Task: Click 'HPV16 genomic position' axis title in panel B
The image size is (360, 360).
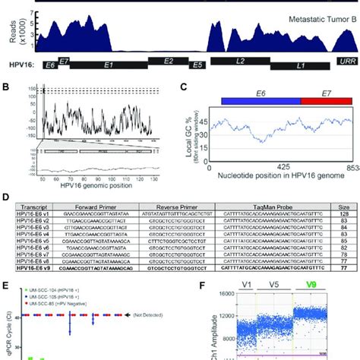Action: [95, 185]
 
